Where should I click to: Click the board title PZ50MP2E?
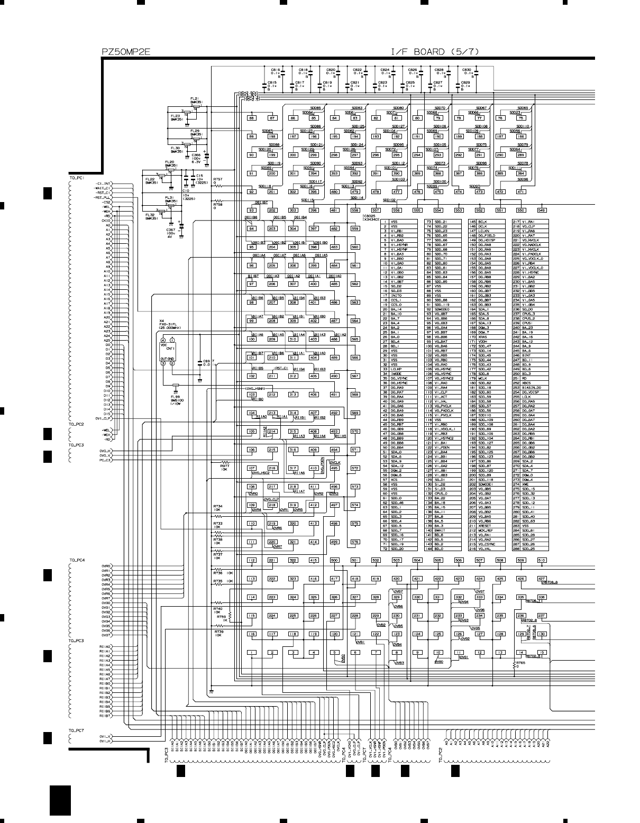click(x=126, y=51)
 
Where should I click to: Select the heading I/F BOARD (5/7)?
click(x=435, y=51)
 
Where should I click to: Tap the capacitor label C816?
click(x=275, y=70)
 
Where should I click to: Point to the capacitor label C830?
click(x=466, y=70)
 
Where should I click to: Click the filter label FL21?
click(x=195, y=99)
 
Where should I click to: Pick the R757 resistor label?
click(x=218, y=179)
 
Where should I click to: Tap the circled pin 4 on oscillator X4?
click(x=163, y=340)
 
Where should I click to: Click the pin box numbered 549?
click(x=542, y=211)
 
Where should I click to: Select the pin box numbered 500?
click(x=334, y=560)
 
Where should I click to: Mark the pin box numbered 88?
click(x=252, y=118)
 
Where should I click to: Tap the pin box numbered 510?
click(x=542, y=560)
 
